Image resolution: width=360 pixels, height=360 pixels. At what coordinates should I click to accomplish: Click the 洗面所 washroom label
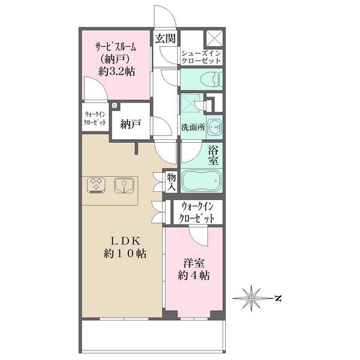tap(193, 127)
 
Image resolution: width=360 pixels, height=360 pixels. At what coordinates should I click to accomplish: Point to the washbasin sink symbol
tap(217, 127)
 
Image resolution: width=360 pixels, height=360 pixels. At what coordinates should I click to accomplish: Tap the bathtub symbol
tap(202, 180)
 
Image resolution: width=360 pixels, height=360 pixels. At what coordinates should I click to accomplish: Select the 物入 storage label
tap(171, 182)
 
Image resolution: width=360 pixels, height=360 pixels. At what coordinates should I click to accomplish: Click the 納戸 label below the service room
tap(130, 124)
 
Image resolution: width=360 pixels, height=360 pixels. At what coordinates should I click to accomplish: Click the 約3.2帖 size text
tap(116, 71)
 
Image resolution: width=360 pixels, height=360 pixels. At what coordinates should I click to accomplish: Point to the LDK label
tap(123, 241)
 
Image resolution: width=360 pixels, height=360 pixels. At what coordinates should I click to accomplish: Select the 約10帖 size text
tap(123, 254)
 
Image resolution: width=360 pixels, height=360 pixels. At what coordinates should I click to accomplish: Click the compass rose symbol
tap(253, 298)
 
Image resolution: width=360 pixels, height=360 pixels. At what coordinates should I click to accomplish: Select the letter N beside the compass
tap(278, 298)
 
